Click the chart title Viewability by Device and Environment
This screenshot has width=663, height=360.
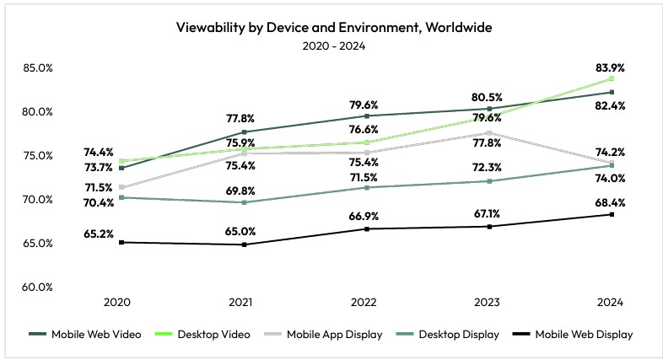coord(333,27)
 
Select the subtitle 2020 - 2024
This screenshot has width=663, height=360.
coord(333,46)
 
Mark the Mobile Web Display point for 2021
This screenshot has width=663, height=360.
coord(244,244)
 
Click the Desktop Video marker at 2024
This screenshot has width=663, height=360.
coord(611,78)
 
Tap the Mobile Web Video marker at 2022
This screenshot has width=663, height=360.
coord(366,116)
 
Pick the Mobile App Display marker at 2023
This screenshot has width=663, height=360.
coord(488,132)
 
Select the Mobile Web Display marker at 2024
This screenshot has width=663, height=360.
coord(611,214)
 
